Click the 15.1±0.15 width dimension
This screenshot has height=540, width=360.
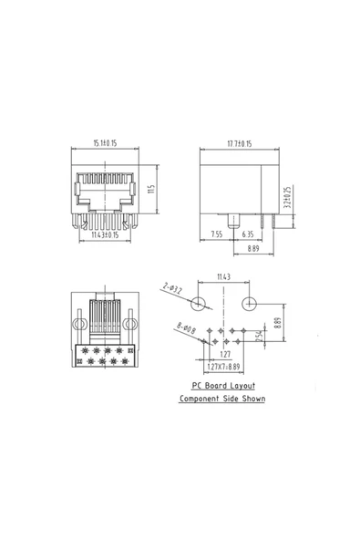(108, 143)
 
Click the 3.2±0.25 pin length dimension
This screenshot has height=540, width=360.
(287, 197)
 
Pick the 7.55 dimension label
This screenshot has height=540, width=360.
(217, 234)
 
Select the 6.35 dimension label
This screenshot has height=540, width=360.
(248, 234)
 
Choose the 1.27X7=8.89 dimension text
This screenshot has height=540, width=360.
(223, 367)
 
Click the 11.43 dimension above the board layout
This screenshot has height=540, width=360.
(223, 276)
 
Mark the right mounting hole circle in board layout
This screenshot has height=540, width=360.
(250, 302)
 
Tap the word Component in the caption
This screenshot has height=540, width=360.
(201, 400)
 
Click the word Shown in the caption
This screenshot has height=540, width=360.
(252, 400)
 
